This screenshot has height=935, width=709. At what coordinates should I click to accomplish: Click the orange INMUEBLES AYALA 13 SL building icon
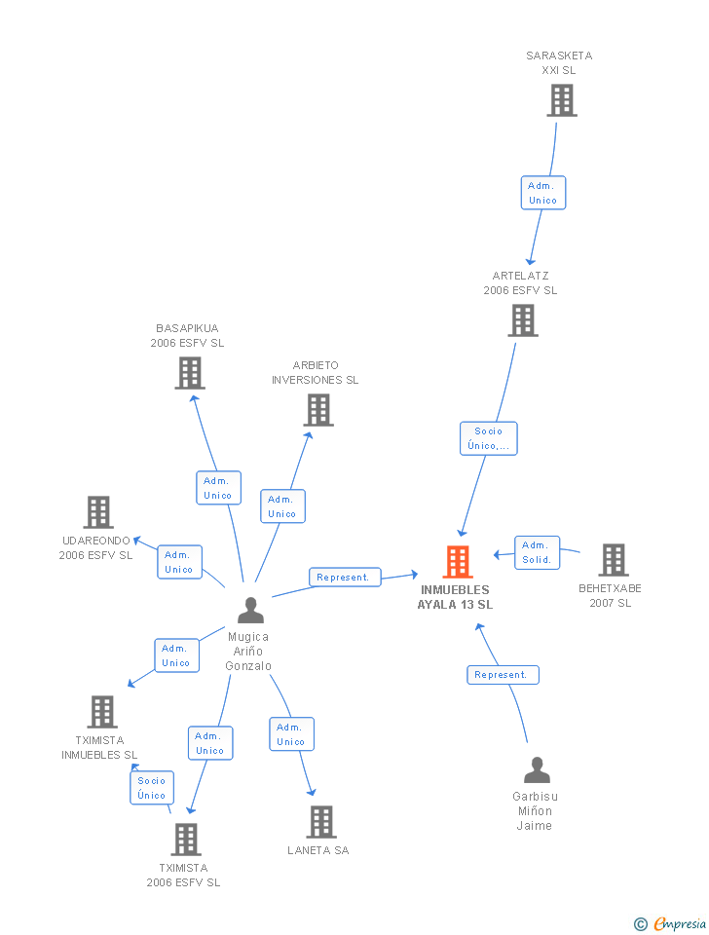458,562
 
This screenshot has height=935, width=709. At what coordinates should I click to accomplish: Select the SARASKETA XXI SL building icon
561,100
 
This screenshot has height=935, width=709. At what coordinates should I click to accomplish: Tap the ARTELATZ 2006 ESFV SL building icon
523,320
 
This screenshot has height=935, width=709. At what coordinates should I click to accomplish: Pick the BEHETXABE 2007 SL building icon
613,560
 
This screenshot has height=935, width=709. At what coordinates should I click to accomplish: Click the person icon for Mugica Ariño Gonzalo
250,611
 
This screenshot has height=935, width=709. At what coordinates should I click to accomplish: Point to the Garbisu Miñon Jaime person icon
537,770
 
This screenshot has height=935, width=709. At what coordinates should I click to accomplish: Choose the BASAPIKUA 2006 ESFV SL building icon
190,373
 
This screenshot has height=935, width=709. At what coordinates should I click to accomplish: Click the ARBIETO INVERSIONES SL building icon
318,410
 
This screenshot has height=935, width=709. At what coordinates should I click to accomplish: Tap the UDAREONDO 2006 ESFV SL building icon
97,512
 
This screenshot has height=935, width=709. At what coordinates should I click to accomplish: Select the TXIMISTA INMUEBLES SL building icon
101,712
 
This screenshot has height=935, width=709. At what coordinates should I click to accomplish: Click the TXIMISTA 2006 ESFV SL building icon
185,840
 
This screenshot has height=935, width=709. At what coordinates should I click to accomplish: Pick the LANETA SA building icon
320,822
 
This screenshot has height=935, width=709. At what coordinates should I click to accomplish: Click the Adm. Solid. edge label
537,552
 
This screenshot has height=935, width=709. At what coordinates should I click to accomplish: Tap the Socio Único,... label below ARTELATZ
489,438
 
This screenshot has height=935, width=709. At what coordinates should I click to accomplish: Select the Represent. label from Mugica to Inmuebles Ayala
344,578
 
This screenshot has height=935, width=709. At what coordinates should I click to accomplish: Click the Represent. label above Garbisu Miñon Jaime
502,674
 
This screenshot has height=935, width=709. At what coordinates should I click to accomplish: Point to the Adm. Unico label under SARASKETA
542,193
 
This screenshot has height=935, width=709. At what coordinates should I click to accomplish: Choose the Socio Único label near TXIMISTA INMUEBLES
152,788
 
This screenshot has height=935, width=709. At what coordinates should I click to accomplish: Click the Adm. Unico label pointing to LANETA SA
290,734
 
